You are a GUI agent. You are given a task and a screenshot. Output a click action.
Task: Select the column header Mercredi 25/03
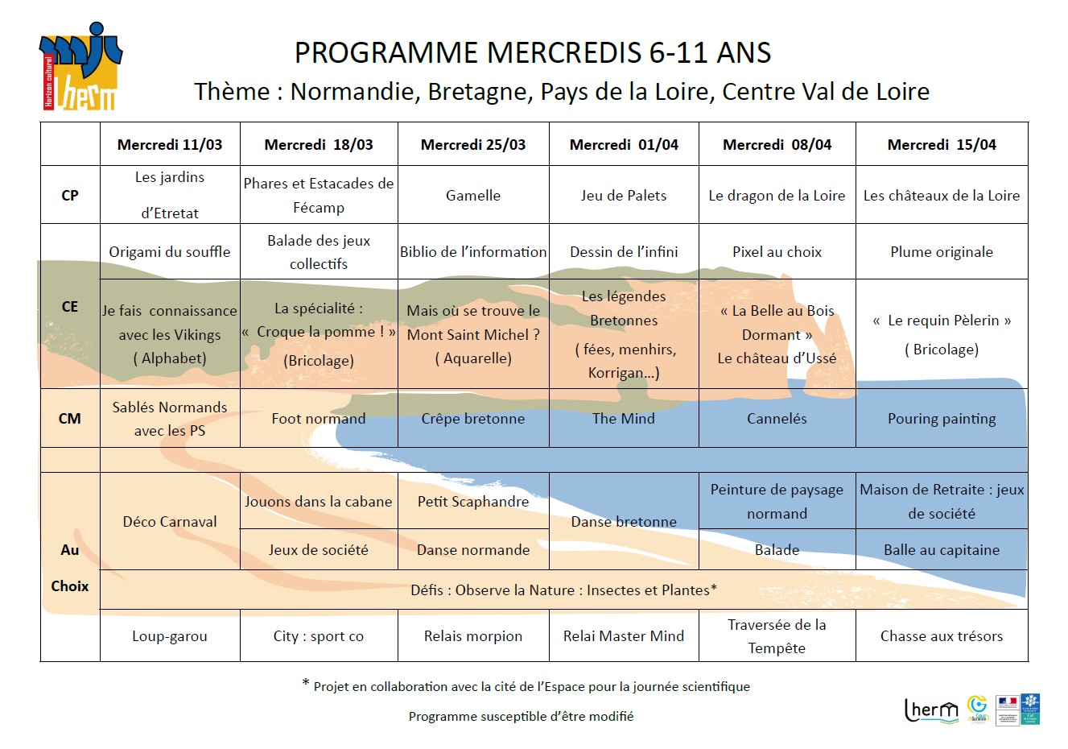point(473,145)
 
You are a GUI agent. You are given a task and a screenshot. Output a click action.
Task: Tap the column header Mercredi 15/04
point(942,145)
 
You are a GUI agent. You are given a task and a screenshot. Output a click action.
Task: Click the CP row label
point(70,195)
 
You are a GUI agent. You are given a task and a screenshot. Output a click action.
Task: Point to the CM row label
point(70,418)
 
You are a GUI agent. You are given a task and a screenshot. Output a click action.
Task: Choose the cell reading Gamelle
point(473,196)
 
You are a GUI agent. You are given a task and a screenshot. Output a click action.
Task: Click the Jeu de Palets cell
point(624,196)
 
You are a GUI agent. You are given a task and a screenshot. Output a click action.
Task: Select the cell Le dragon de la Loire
point(777,196)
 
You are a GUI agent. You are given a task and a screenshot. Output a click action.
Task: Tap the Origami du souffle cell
point(170,252)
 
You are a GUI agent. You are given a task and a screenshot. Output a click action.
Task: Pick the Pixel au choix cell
point(777,252)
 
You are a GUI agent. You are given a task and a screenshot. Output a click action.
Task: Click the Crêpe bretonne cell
point(473,419)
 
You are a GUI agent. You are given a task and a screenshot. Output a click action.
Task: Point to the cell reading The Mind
point(624,419)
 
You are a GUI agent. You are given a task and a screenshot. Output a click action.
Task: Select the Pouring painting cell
point(942,419)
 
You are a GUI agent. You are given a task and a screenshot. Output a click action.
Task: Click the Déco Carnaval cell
point(170,522)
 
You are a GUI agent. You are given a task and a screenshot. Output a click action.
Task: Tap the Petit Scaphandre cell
point(473,502)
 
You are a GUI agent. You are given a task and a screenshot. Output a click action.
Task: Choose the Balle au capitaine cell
point(942,550)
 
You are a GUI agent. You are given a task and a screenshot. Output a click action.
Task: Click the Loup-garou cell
point(170,636)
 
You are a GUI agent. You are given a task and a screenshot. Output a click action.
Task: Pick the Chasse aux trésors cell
point(942,636)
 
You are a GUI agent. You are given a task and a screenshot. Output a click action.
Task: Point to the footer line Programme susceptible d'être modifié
point(521,716)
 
